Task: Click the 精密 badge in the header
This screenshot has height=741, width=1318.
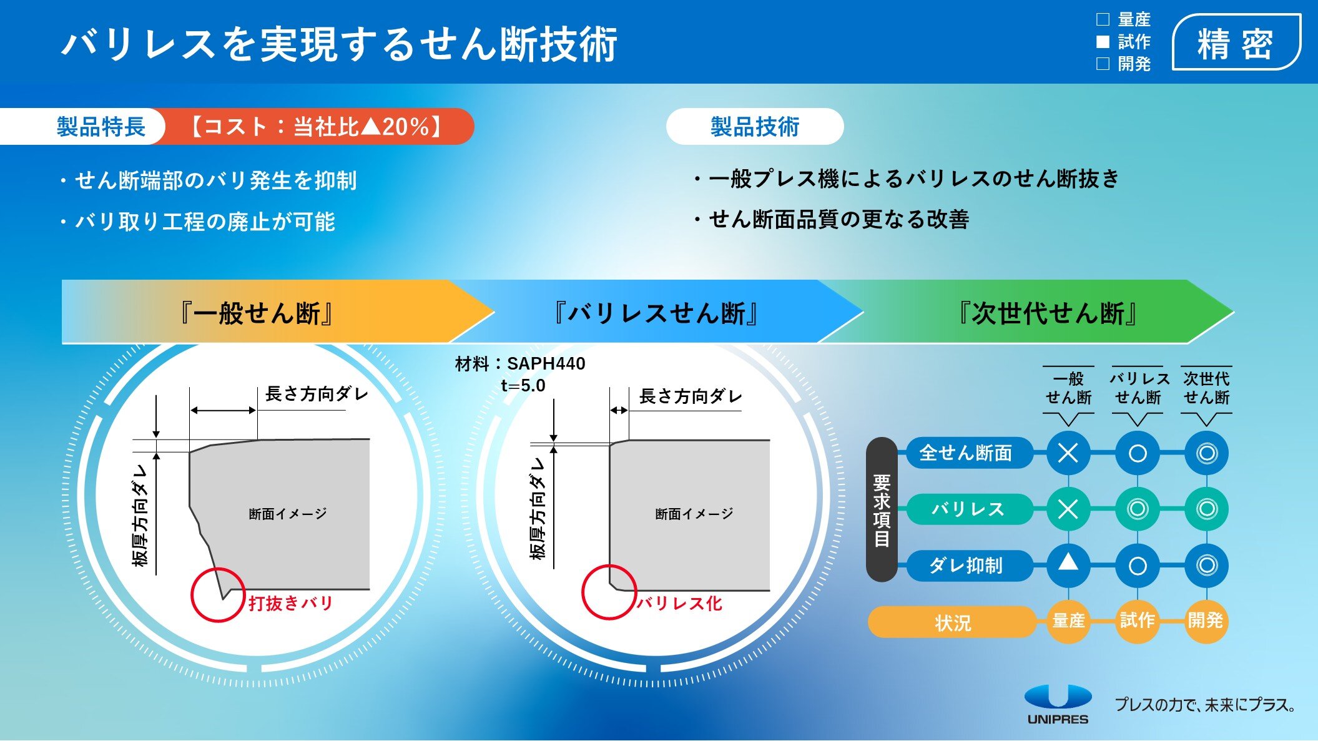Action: (1236, 42)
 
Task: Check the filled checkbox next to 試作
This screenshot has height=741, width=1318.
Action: (1103, 42)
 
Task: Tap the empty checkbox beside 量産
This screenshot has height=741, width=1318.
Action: (1103, 20)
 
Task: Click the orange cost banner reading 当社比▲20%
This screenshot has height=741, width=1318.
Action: (317, 127)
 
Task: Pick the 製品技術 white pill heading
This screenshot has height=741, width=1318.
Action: (755, 127)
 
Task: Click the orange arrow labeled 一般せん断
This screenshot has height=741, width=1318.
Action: (275, 312)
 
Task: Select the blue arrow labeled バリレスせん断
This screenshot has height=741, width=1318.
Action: (656, 312)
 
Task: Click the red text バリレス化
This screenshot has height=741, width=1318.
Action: (679, 603)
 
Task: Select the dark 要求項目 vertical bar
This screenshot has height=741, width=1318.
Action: (882, 509)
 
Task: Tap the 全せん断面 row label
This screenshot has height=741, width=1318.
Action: (966, 453)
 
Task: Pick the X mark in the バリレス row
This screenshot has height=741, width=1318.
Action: (1068, 509)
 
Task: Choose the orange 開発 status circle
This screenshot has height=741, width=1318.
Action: (1206, 621)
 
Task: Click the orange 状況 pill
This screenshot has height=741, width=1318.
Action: (953, 622)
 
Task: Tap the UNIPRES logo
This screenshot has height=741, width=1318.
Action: (1058, 704)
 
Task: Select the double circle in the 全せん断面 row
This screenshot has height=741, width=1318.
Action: (1206, 453)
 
